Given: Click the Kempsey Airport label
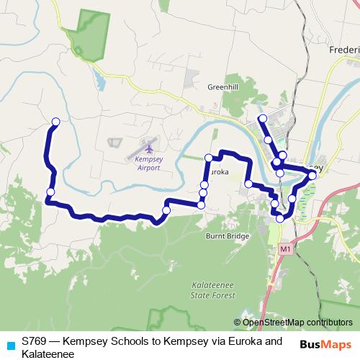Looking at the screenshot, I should pos(148,163).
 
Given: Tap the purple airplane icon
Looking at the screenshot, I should pos(149,148).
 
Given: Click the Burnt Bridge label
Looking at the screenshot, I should pos(228,236).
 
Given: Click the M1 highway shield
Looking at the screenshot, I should pos(287,249).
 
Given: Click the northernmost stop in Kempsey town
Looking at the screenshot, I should pos(263,118).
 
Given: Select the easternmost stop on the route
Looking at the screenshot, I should pos(312,175).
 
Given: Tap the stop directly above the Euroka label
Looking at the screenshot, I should pos(208,158).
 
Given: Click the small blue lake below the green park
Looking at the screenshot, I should pos(99,81).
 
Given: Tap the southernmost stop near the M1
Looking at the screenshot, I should pos(280,218).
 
